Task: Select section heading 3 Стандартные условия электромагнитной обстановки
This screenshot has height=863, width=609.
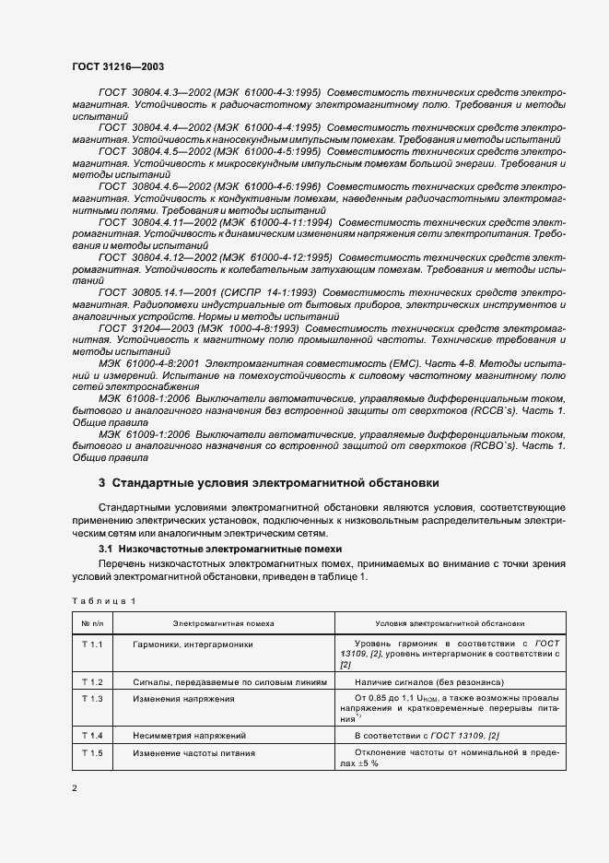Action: click(x=268, y=482)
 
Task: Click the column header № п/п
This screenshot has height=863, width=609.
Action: click(x=91, y=623)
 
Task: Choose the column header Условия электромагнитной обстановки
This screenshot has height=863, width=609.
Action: click(x=451, y=623)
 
